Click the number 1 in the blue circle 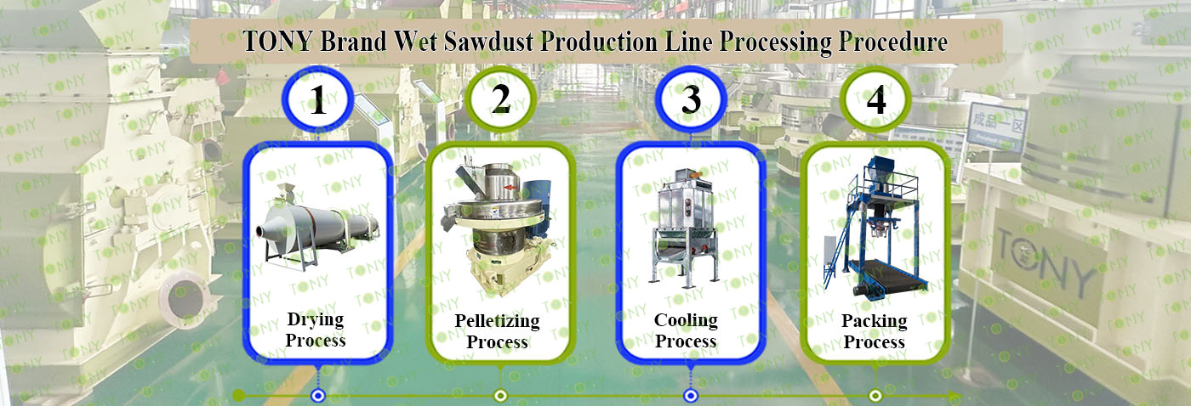318,99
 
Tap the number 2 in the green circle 501,99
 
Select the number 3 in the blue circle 691,99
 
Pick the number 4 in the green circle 876,99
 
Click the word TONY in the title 277,42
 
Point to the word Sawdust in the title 488,42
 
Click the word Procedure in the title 892,42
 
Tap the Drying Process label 316,330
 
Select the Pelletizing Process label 497,331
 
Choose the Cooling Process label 686,330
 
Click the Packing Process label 875,331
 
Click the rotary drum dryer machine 317,226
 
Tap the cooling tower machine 686,227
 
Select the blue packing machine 875,226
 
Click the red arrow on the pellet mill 511,188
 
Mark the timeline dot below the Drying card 318,396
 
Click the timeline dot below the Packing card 875,396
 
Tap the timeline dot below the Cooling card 690,396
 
